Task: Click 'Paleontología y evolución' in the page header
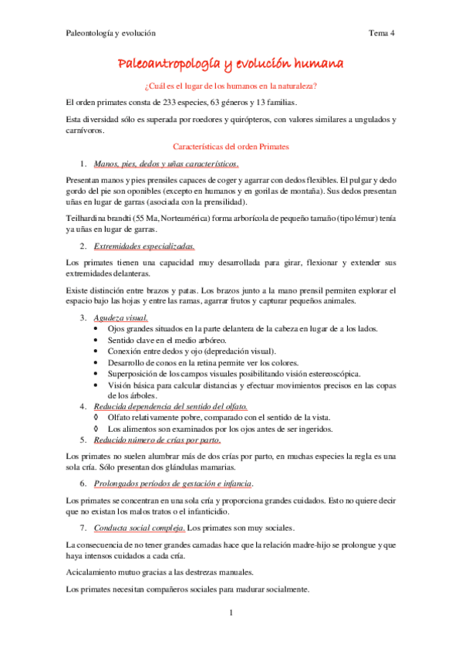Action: pyautogui.click(x=110, y=33)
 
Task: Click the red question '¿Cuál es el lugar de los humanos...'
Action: pyautogui.click(x=231, y=85)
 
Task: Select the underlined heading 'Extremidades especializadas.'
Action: pyautogui.click(x=144, y=247)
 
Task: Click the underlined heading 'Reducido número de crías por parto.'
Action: pyautogui.click(x=157, y=439)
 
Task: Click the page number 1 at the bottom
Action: pyautogui.click(x=231, y=613)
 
